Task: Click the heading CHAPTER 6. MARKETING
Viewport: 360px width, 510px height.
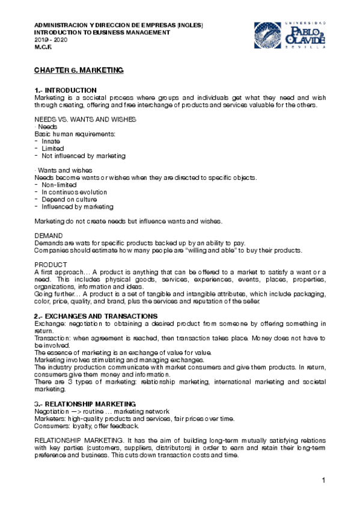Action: point(79,70)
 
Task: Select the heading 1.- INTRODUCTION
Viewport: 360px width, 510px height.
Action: point(66,90)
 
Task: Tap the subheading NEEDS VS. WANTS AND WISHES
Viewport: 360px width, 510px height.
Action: point(85,120)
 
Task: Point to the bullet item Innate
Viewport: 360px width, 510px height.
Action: point(51,141)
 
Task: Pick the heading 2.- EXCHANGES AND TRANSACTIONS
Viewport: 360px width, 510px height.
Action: point(96,316)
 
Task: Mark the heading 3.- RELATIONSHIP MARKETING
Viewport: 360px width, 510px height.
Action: point(85,403)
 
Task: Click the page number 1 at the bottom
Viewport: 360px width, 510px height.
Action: point(323,480)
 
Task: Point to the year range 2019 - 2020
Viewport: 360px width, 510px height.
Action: point(50,39)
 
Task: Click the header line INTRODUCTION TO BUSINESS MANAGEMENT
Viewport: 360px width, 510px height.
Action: point(102,32)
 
